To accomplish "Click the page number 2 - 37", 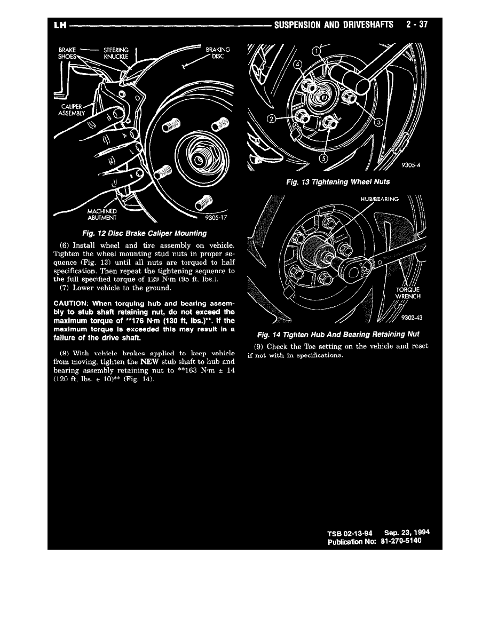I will [x=417, y=25].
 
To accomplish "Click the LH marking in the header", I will [x=59, y=25].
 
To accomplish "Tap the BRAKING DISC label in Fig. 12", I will [x=218, y=53].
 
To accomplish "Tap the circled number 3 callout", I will [x=378, y=123].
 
